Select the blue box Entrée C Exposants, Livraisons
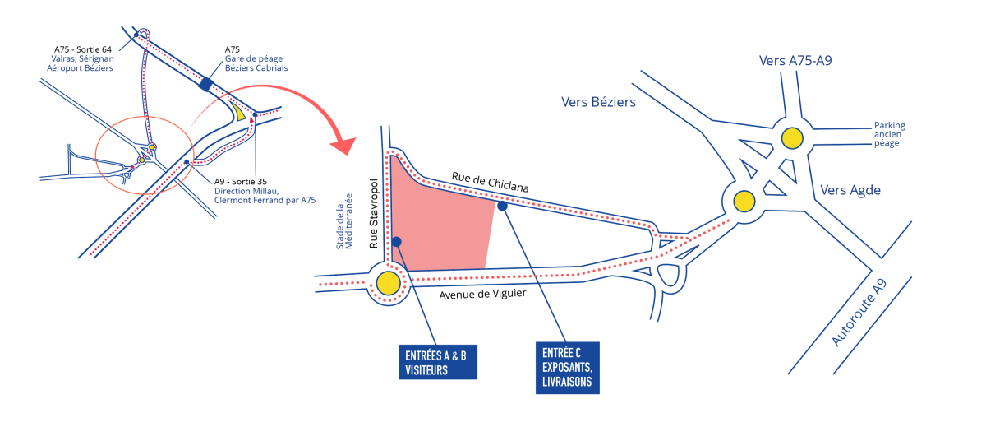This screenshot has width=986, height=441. pos(567,368)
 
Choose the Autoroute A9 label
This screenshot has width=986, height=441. pos(859,313)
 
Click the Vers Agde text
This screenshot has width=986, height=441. pos(850,190)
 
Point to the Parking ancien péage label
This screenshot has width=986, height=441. pos(889,135)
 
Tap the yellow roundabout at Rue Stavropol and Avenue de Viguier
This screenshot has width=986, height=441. pos(388,284)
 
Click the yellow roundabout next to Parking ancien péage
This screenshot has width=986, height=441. pos(792,138)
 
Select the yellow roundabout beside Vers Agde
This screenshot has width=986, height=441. pos(744,200)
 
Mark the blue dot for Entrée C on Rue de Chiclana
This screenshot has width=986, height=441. pos(502,206)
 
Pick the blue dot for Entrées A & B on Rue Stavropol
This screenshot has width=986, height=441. pos(396,241)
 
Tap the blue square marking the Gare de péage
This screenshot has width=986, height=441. pos(205,83)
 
